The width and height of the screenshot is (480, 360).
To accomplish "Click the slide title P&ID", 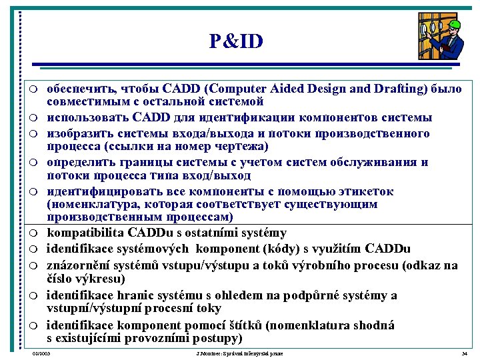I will point(236,42).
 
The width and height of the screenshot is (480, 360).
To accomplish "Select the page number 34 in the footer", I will point(465,353).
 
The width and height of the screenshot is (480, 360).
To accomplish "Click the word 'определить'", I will point(79,162).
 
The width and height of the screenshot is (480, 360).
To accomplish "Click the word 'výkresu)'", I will point(98,279).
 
